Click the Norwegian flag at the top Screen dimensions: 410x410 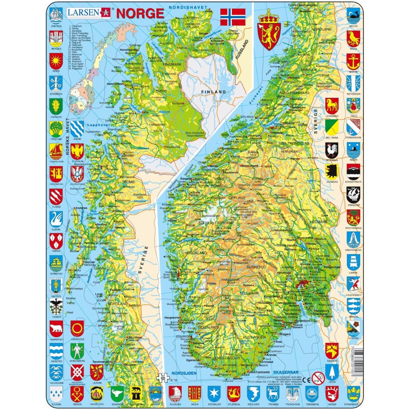pyautogui.click(x=233, y=17)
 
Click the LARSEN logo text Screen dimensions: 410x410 pyautogui.click(x=83, y=13)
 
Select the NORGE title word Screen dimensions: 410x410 pyautogui.click(x=140, y=13)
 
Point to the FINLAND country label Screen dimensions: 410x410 pyautogui.click(x=214, y=92)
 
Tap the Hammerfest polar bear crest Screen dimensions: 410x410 pyautogui.click(x=56, y=329)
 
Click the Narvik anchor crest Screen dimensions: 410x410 pyautogui.click(x=353, y=62)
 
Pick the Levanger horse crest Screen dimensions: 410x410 pyautogui.click(x=331, y=106)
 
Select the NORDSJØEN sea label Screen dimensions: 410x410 pyautogui.click(x=184, y=373)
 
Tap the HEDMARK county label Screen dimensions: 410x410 pyautogui.click(x=318, y=222)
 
